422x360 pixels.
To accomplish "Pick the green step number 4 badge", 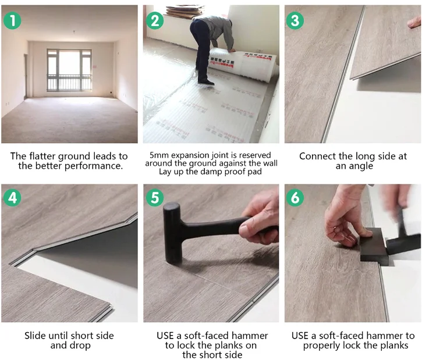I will pos(13,197).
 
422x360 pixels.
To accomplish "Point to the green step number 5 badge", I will pos(155,197).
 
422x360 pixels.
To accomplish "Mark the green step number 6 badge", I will pos(296,197).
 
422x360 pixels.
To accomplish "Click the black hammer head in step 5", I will pos(173,233).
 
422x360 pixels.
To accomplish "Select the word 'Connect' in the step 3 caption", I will pos(318,156).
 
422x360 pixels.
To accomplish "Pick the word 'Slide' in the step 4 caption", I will pos(37,336).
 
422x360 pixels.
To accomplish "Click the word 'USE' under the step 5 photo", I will pos(168,336).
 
